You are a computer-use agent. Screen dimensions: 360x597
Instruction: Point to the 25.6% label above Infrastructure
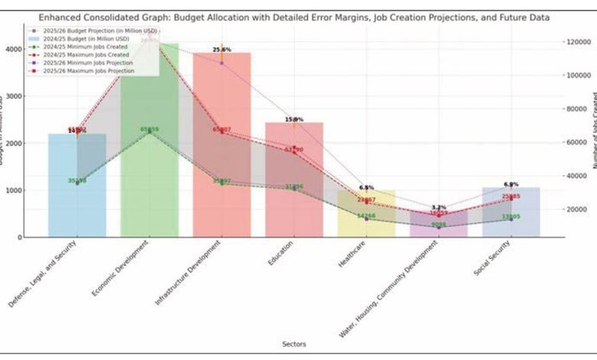pyautogui.click(x=222, y=50)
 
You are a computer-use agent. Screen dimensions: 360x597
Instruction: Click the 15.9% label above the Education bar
pyautogui.click(x=294, y=119)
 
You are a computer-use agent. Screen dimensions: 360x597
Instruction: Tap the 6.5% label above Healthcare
pyautogui.click(x=367, y=188)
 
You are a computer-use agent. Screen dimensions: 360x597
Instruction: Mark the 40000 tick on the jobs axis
pyautogui.click(x=578, y=176)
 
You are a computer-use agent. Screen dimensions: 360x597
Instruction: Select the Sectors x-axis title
pyautogui.click(x=294, y=344)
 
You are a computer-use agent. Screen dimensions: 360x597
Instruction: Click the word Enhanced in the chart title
pyautogui.click(x=64, y=16)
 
